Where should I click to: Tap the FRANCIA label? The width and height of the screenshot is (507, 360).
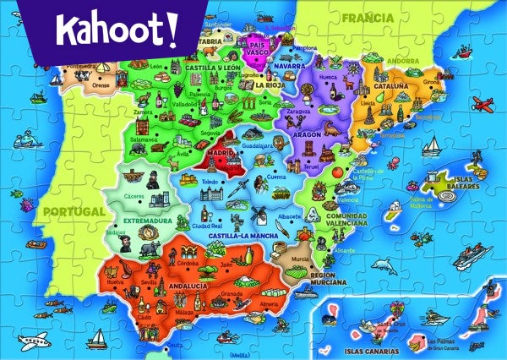point(368,16)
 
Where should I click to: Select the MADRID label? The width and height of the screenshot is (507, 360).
point(221,154)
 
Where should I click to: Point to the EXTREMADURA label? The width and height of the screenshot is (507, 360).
point(140,221)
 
